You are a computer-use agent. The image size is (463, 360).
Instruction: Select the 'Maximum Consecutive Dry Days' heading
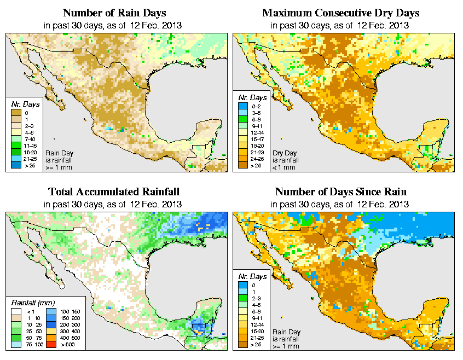(x=340, y=13)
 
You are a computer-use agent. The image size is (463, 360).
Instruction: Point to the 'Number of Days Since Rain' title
(x=340, y=192)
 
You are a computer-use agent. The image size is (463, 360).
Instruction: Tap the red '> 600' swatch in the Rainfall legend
(x=50, y=345)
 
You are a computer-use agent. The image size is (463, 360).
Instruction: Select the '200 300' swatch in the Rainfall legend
(x=50, y=326)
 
